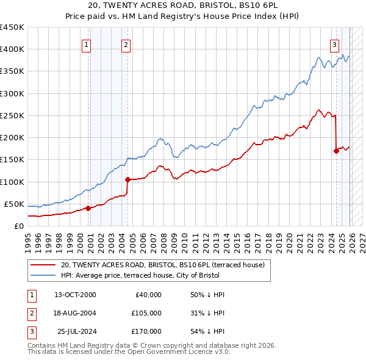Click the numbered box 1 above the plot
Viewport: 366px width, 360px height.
(87, 44)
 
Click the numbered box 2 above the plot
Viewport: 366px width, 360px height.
(126, 44)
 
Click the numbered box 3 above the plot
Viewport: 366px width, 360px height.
(335, 44)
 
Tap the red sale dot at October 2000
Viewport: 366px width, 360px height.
(88, 208)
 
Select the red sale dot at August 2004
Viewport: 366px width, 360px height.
(127, 179)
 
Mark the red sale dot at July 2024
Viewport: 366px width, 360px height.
(336, 151)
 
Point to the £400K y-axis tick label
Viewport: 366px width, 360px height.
(12, 49)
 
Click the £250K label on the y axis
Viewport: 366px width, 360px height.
(12, 115)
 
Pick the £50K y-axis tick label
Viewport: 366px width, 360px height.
(14, 204)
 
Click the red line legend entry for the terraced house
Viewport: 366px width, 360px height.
(162, 265)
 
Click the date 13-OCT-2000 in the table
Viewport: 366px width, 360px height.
(75, 295)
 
